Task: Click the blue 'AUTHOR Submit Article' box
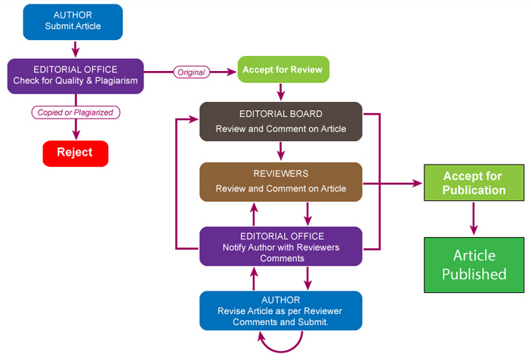coord(73,21)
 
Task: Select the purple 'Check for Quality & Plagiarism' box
coord(75,75)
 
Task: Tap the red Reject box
coord(76,152)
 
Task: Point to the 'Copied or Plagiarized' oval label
coord(76,112)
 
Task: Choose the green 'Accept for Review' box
coord(284,69)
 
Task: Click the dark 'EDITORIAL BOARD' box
coord(280,121)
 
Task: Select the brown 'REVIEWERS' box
coord(280,181)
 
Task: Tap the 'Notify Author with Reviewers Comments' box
coord(280,246)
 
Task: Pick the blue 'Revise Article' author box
coord(280,310)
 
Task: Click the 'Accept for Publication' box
coord(473,183)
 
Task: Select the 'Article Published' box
coord(474,264)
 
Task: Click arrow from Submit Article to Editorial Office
coord(75,49)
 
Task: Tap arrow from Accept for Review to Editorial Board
coord(281,91)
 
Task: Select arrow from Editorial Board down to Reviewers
coord(281,151)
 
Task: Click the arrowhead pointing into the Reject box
coord(76,134)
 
